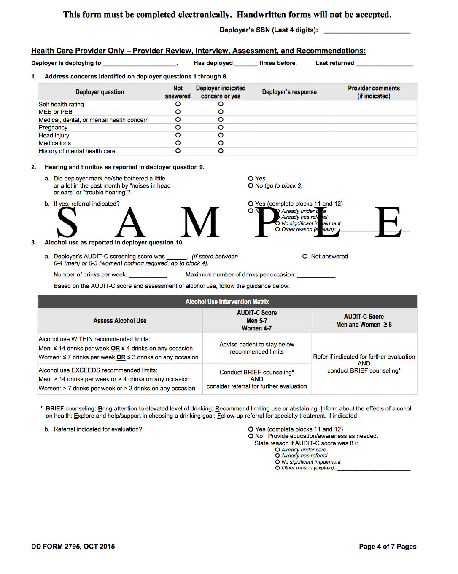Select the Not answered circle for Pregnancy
pos(178,127)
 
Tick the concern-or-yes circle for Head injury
pos(221,135)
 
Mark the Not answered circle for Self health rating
pos(178,104)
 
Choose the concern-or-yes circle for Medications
pos(221,143)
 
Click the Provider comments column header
pos(374,92)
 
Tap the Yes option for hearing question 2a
pos(251,178)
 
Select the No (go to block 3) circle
pos(251,185)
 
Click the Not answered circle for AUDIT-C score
pos(305,256)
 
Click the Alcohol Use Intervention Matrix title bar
pos(227,302)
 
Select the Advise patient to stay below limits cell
pos(256,348)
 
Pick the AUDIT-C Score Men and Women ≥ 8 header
pos(364,320)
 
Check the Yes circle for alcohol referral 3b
pos(251,429)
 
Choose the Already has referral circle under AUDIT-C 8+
pos(277,456)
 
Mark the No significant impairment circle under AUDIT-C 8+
pos(277,462)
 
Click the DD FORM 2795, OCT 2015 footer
pos(73,547)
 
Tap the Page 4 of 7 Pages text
pos(388,547)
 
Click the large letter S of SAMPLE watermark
pos(67,222)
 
